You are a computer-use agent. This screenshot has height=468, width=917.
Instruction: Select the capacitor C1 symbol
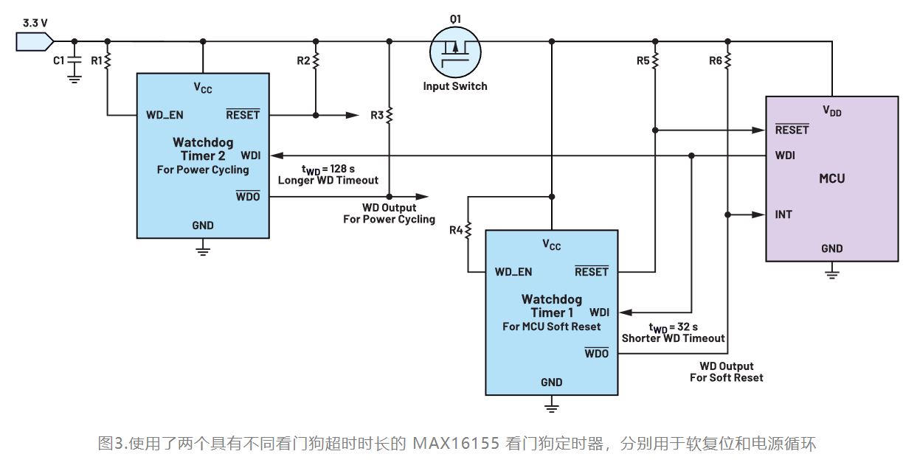coord(74,62)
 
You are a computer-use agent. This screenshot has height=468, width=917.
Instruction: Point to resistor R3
coord(390,115)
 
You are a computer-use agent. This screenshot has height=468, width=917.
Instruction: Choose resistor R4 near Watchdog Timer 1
coord(468,231)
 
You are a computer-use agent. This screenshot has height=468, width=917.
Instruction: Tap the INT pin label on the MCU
coord(785,214)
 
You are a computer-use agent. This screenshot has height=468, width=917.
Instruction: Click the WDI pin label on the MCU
coord(786,156)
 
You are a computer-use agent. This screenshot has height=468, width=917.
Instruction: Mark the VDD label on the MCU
coord(831,111)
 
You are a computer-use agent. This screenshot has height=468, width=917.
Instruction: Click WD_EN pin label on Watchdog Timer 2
coord(165,115)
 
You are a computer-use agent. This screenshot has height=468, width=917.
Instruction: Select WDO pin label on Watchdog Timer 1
coord(596,354)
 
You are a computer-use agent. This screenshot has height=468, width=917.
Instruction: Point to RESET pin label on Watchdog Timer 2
coord(243,115)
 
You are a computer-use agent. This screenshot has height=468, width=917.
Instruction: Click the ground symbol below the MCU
coord(831,275)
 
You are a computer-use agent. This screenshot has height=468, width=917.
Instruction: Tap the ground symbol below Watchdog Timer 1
coord(550,407)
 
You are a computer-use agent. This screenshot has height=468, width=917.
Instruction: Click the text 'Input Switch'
coord(455,86)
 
